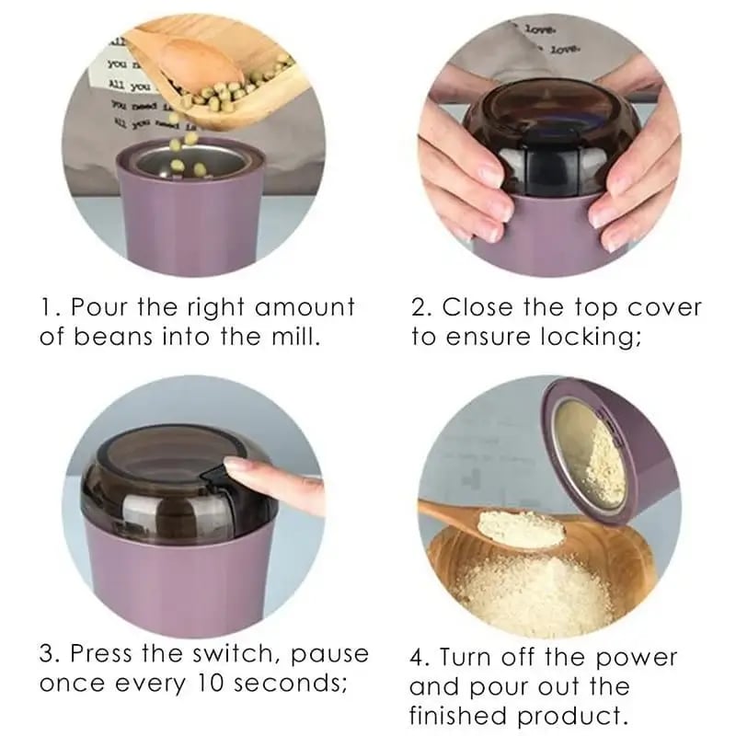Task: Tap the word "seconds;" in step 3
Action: coord(299,685)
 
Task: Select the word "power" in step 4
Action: coord(633,659)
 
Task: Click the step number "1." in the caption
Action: coord(50,306)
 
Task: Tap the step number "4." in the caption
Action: coord(420,659)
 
